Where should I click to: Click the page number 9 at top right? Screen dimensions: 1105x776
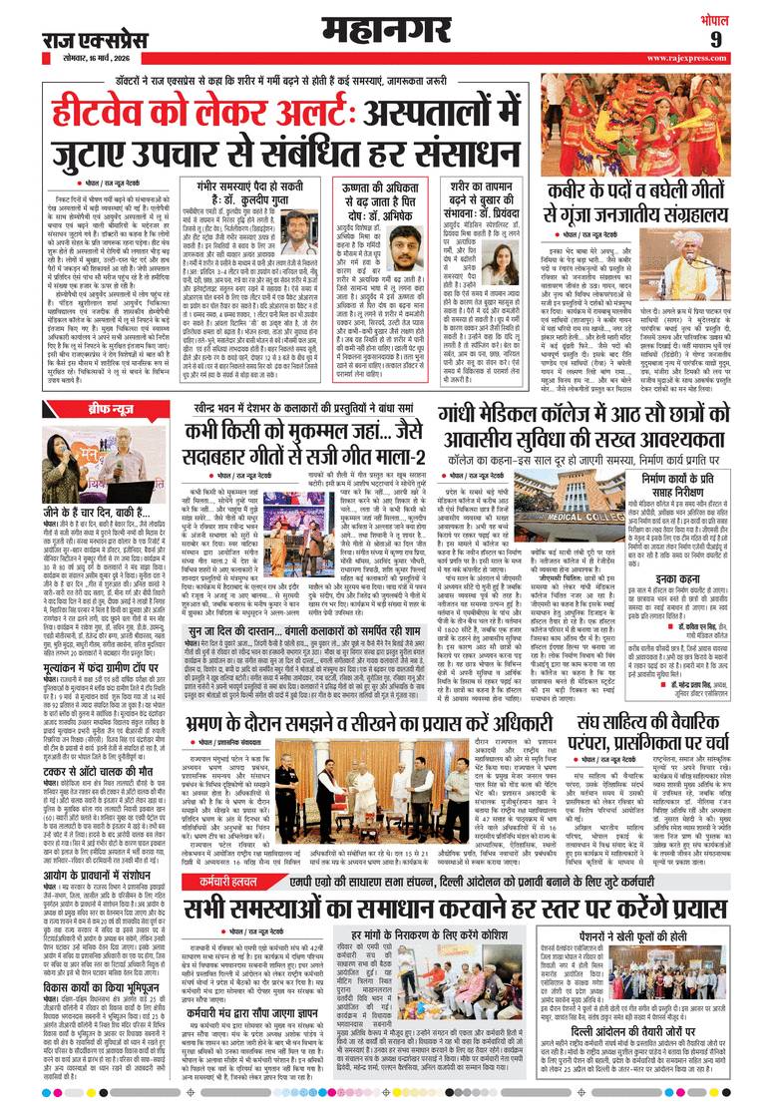pos(743,39)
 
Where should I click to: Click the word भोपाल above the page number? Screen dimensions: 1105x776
pos(742,16)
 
